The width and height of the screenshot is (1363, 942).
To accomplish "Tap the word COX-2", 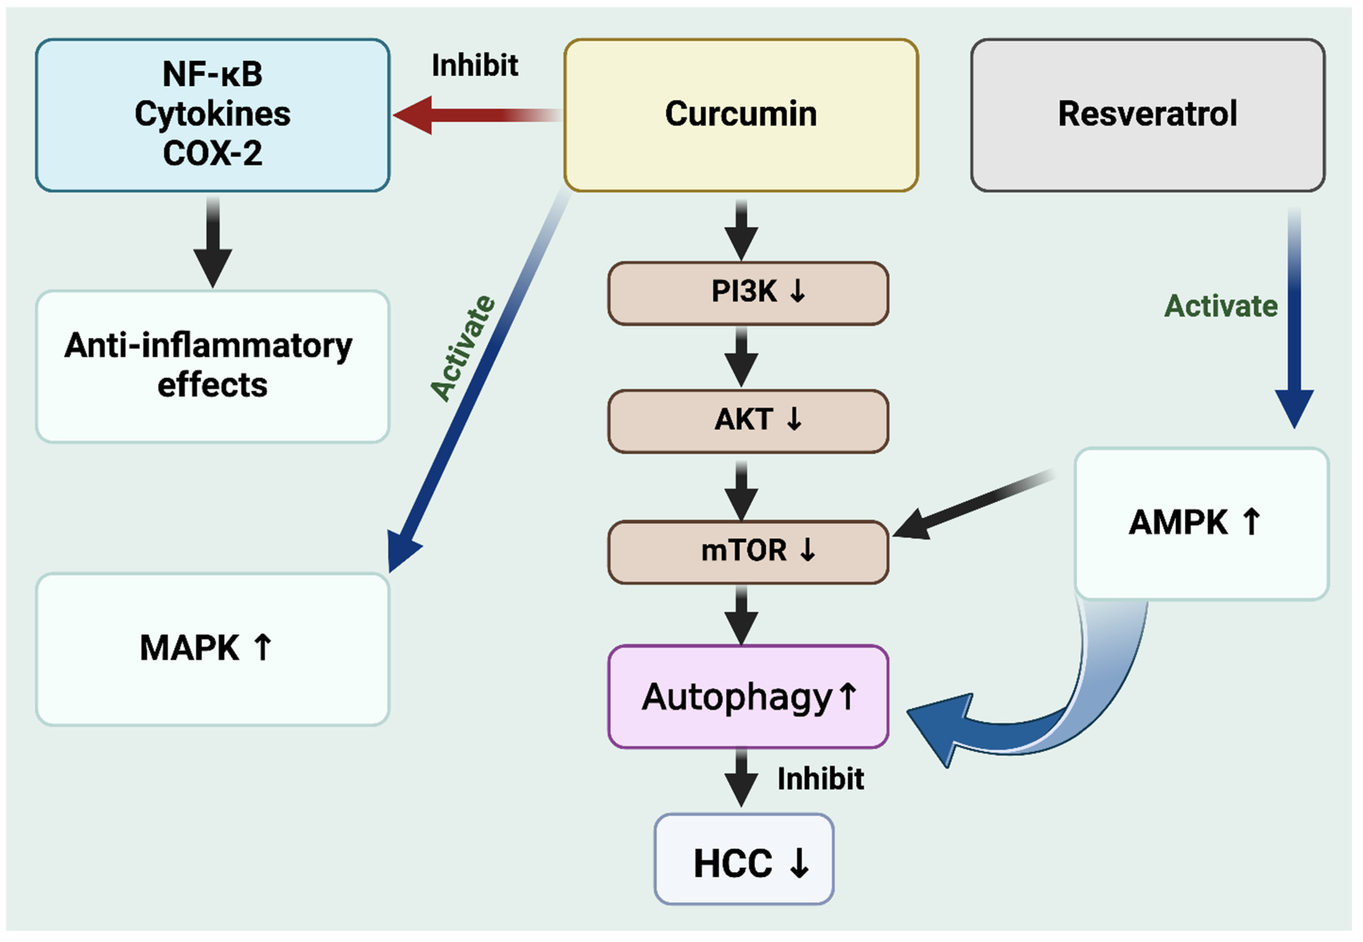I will click(213, 153).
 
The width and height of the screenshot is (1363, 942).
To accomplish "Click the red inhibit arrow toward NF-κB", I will click(472, 115).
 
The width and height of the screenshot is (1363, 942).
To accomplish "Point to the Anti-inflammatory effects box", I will click(213, 366).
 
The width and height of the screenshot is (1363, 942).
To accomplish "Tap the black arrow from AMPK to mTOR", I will click(974, 505).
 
